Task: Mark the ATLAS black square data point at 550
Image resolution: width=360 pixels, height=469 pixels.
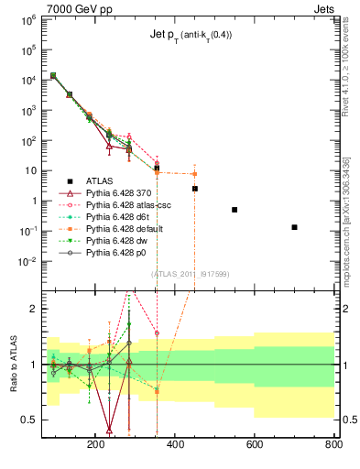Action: click(235, 210)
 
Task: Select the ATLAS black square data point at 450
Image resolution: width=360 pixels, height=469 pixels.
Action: click(195, 189)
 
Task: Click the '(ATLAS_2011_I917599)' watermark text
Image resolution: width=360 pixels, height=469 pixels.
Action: click(189, 272)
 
